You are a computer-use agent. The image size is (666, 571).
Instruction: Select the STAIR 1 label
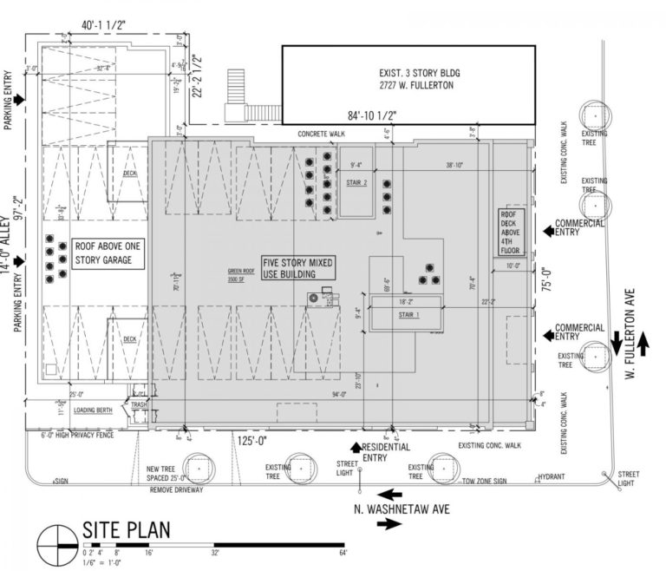click(x=406, y=315)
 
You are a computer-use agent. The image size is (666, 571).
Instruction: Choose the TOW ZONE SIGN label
click(x=487, y=480)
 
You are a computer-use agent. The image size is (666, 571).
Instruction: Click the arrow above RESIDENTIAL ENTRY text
click(x=355, y=447)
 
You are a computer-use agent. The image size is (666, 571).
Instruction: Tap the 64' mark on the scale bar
click(x=343, y=553)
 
